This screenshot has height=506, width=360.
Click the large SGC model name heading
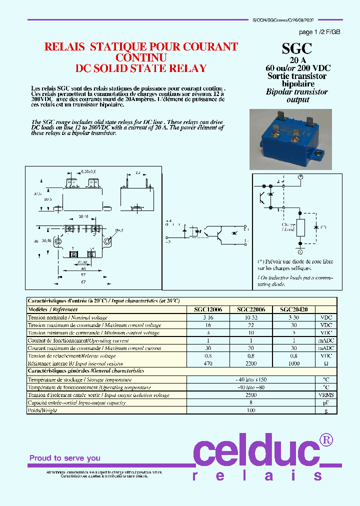coord(296,48)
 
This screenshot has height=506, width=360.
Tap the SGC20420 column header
coord(293,309)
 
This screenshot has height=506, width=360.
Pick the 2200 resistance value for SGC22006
coord(251,363)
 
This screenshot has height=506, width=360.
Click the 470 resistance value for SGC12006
coord(208,363)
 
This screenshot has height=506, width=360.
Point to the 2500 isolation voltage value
coord(251,395)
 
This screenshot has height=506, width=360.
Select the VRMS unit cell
coord(326,395)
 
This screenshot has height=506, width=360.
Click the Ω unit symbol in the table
coord(326,363)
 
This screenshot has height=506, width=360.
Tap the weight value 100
coord(251,410)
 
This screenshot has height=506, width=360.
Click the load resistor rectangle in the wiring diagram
coord(300,227)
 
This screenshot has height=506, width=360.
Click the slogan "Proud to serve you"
coord(65,458)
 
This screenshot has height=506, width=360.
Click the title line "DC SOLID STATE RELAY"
coord(140,68)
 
